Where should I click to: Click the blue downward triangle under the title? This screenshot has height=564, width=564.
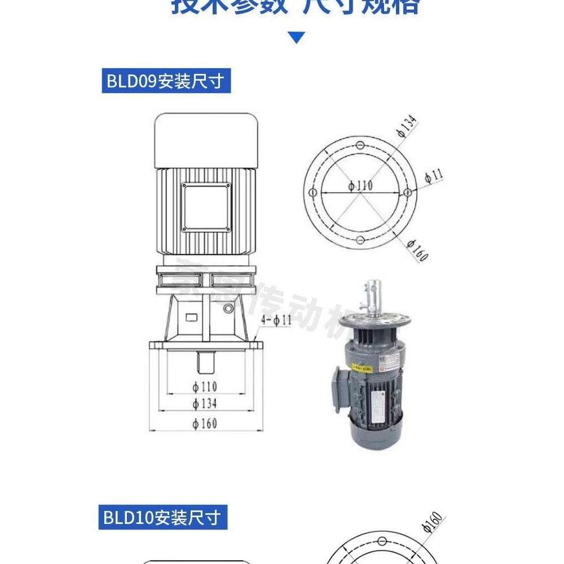[x=297, y=38]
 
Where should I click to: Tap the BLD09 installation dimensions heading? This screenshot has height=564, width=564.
[x=166, y=82]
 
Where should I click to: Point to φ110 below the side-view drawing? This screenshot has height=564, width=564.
[x=205, y=386]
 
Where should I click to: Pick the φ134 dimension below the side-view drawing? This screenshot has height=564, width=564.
[x=205, y=403]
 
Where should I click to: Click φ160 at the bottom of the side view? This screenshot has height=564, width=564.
[x=205, y=423]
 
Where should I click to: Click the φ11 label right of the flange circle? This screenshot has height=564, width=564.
[x=434, y=175]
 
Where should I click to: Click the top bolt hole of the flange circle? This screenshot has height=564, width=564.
[x=360, y=144]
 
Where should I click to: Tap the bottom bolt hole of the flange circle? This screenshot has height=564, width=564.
[x=360, y=240]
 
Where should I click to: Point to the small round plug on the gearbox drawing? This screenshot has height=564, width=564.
[x=228, y=309]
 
